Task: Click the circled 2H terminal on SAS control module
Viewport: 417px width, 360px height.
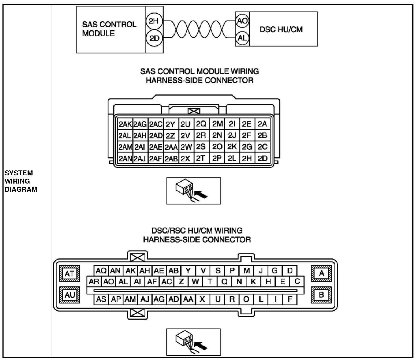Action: (154, 21)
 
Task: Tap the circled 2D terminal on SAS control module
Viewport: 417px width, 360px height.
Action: (154, 38)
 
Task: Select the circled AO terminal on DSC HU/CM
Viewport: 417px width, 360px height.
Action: (242, 21)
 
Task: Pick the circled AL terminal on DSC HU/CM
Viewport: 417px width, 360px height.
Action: (242, 38)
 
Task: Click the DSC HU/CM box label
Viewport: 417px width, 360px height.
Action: (281, 29)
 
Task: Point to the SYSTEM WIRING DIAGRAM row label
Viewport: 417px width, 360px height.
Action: (21, 181)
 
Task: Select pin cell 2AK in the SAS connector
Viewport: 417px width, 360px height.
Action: (125, 124)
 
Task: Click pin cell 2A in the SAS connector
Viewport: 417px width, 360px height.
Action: (262, 124)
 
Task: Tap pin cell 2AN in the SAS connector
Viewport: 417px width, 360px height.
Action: (125, 159)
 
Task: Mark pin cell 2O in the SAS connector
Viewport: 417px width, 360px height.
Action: (217, 147)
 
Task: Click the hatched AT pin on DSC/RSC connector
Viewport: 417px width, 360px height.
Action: (70, 273)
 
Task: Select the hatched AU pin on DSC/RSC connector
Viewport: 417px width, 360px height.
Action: (70, 295)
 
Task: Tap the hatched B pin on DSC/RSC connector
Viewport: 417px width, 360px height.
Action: (321, 295)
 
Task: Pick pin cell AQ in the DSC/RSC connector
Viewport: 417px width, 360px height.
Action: (101, 271)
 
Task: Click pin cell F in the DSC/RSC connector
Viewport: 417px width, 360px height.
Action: (290, 299)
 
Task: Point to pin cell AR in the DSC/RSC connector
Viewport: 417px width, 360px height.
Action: (94, 282)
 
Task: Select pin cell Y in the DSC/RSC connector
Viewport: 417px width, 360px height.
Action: (188, 271)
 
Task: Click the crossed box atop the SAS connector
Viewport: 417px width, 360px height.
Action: (194, 111)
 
